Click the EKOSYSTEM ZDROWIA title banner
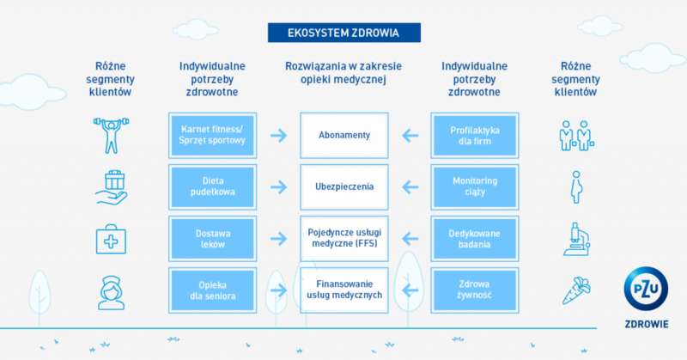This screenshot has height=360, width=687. click(x=344, y=33)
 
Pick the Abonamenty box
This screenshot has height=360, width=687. click(x=343, y=135)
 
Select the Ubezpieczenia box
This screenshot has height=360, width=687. click(x=343, y=186)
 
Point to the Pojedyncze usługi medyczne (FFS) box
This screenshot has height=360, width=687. click(x=343, y=238)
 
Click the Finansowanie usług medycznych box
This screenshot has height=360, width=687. click(x=343, y=290)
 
